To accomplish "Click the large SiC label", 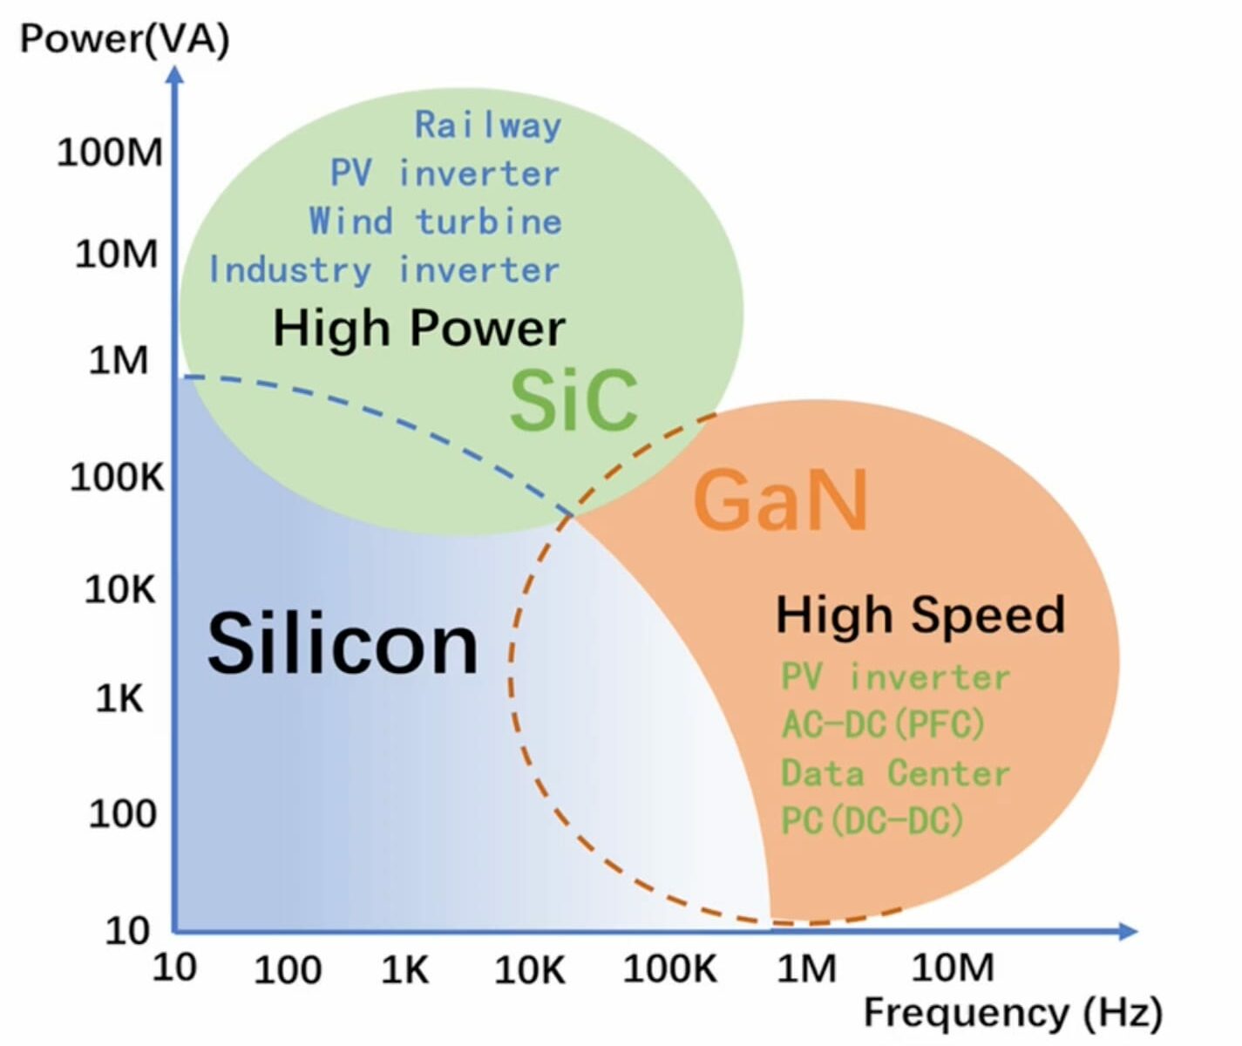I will point(573,400).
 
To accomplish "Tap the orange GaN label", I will point(780,499).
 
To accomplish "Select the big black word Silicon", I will point(343,644).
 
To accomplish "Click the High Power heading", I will point(419,329).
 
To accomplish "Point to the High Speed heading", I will point(920,615).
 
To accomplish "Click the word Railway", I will point(487,126).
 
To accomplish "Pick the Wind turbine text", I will point(435,221).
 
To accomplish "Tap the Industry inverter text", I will point(383,269).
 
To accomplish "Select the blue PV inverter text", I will point(445,173).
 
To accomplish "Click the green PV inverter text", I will point(895,676).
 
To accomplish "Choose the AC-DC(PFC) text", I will point(883,723).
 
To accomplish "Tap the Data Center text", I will point(895,773).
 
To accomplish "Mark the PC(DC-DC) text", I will point(872,820).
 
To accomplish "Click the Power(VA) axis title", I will point(125,40).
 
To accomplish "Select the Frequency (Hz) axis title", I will point(1013,1013).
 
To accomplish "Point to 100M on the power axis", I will point(110,153).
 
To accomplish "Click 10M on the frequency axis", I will point(953,968).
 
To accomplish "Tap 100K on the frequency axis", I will point(669,968).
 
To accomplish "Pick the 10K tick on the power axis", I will point(119,590).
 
